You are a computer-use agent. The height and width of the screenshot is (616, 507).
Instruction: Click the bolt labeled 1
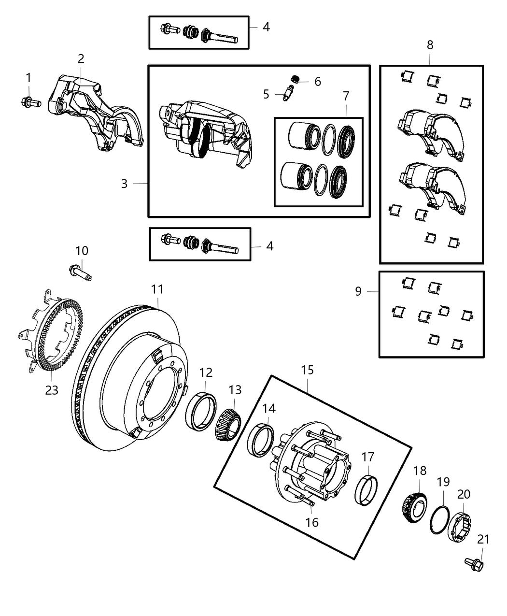tap(31, 102)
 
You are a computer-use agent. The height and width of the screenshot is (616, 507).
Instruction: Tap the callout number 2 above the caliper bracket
tap(81, 59)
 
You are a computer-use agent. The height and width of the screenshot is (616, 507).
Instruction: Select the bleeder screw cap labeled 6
tap(295, 79)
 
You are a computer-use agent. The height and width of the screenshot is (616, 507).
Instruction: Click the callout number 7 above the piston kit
tap(346, 96)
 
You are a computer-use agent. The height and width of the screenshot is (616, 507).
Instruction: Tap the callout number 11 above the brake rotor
tap(157, 289)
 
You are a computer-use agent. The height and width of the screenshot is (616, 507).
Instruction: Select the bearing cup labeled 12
tap(201, 411)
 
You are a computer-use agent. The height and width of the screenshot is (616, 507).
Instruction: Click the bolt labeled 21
tap(474, 564)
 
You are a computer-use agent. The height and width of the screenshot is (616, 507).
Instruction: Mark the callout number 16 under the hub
tap(312, 522)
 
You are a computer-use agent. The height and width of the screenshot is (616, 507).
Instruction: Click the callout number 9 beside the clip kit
tap(358, 291)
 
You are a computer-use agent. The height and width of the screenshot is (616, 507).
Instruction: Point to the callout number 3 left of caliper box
tap(124, 184)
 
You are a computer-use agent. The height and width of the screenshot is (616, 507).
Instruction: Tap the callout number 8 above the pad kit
tap(430, 45)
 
